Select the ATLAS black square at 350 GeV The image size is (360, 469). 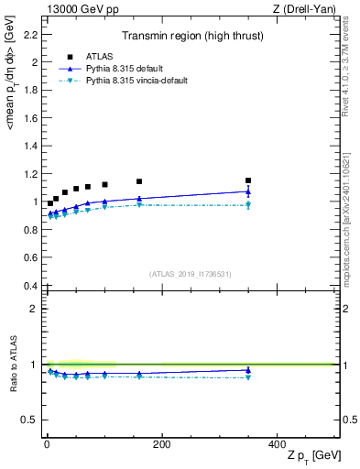pyautogui.click(x=248, y=180)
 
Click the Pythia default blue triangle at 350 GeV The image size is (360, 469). pyautogui.click(x=248, y=191)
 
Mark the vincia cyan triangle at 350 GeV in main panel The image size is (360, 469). pyautogui.click(x=248, y=205)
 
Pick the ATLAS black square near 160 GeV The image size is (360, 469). pyautogui.click(x=139, y=181)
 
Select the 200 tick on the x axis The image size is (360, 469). pyautogui.click(x=161, y=443)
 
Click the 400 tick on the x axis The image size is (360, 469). pyautogui.click(x=277, y=443)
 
